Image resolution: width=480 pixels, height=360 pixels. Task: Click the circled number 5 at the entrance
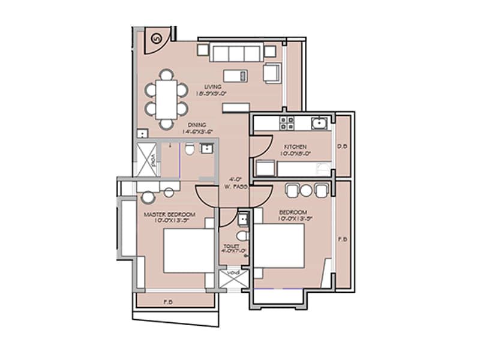tap(157, 39)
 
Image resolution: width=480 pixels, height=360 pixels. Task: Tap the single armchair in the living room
tap(271, 72)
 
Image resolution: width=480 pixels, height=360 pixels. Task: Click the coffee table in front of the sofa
tap(236, 76)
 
